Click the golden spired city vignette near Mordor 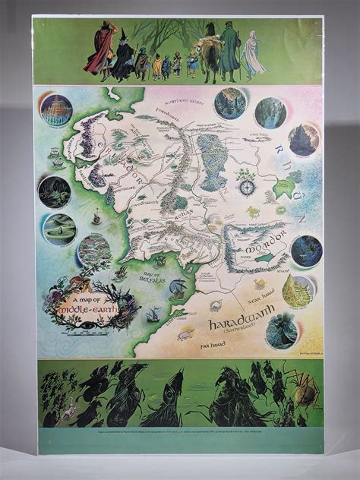pyautogui.click(x=298, y=291)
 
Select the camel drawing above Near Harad pyautogui.click(x=258, y=283)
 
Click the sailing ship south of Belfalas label pyautogui.click(x=153, y=314)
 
